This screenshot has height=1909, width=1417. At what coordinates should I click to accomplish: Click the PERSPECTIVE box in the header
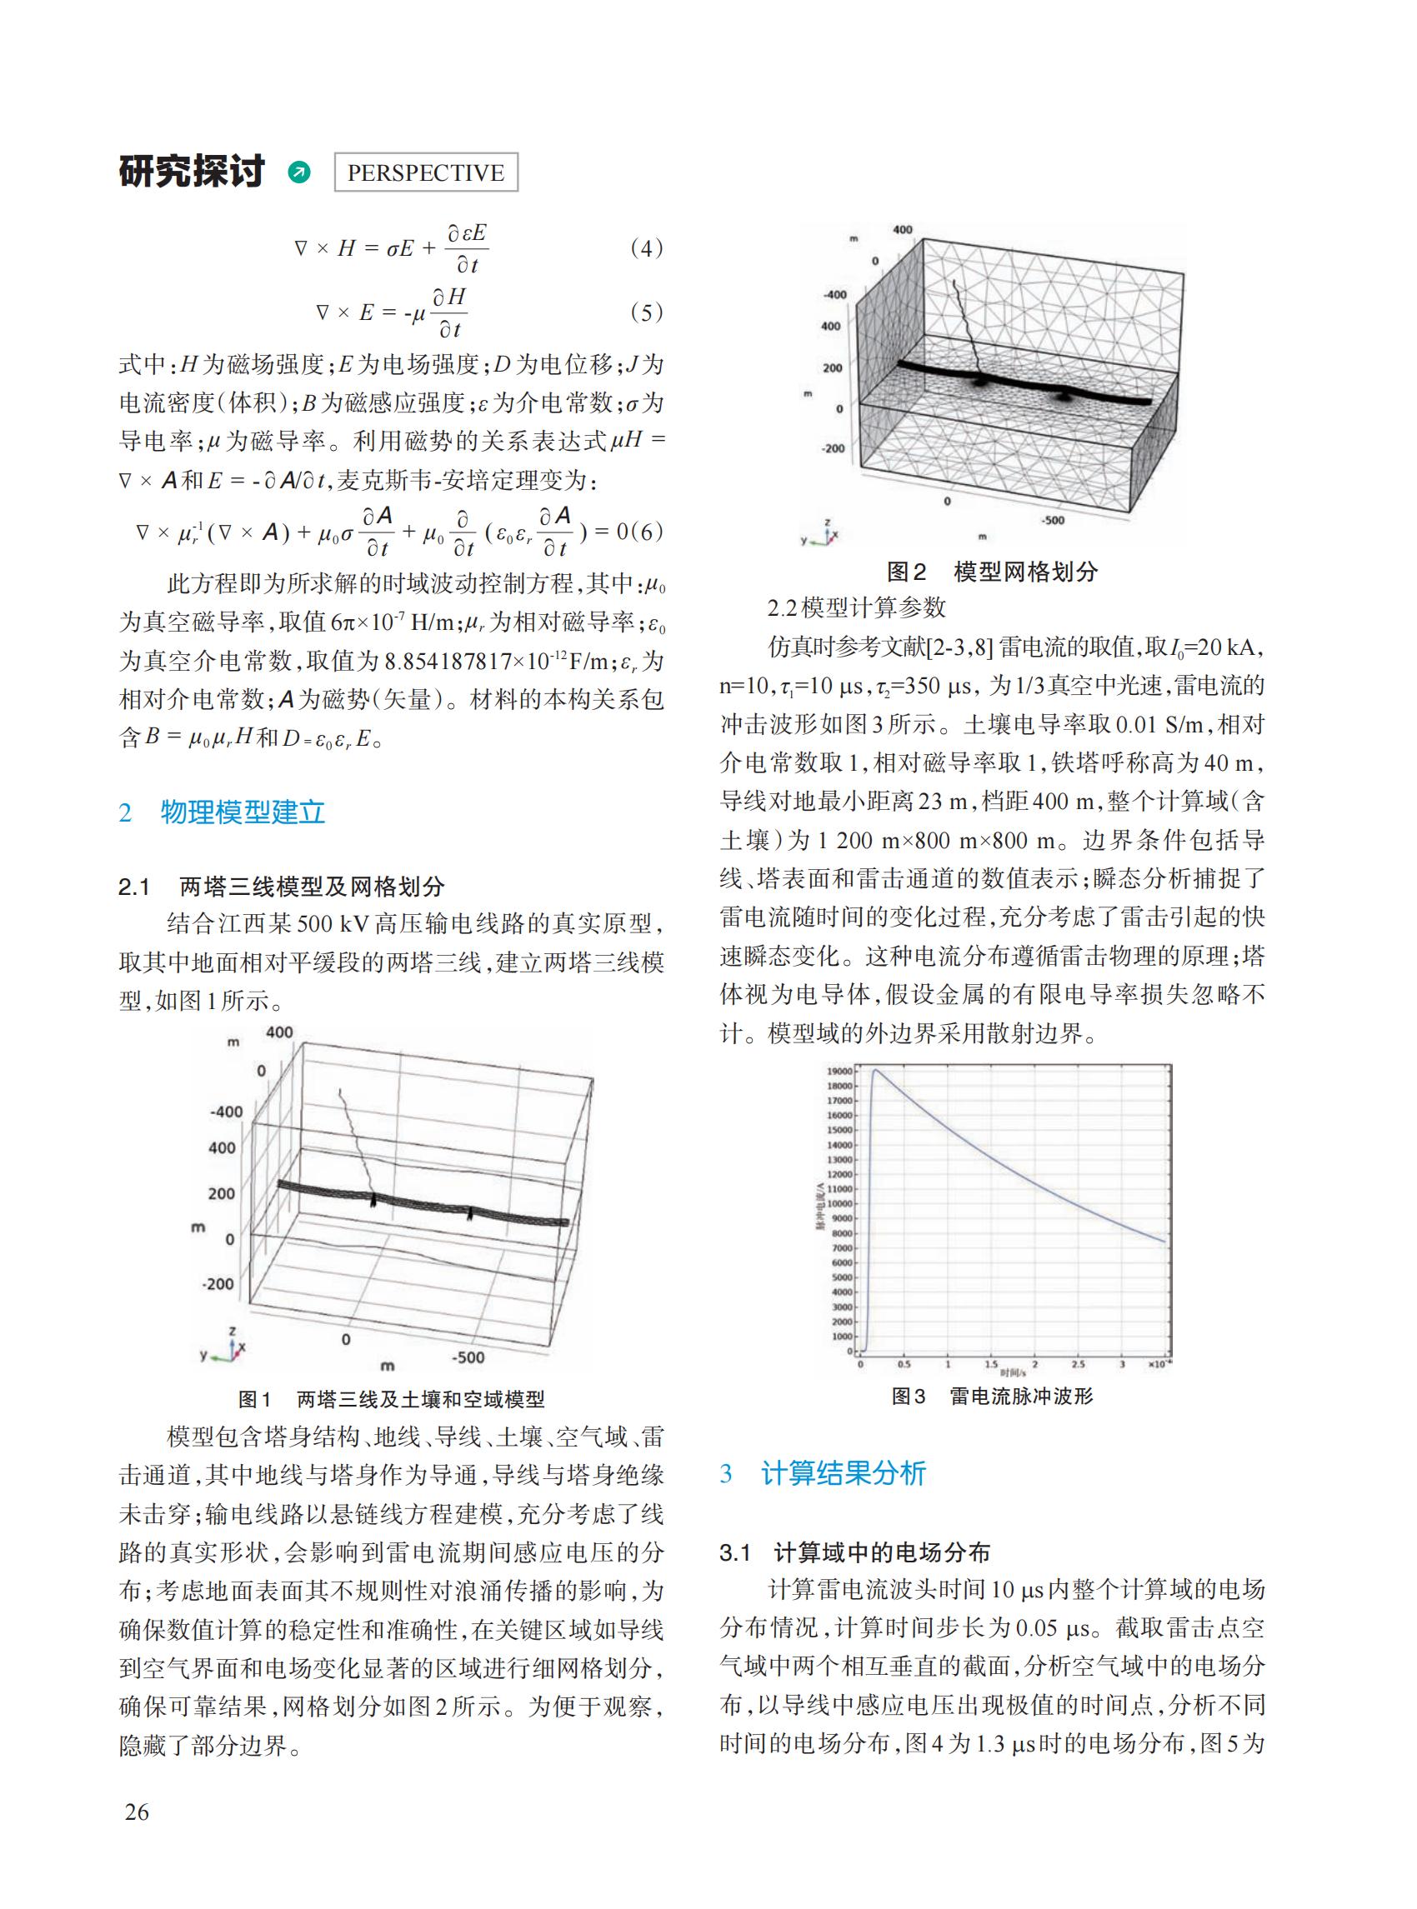pos(425,172)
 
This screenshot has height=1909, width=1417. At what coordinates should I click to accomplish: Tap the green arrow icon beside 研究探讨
pos(299,172)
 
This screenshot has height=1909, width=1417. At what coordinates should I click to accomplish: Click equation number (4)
pos(646,248)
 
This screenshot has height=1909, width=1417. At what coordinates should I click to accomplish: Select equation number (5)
pos(646,313)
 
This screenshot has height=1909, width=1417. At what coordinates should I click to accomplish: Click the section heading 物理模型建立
pos(243,812)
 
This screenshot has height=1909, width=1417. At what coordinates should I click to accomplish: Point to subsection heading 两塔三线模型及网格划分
pos(312,886)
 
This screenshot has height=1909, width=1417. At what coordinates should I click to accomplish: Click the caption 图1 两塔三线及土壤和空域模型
pos(391,1400)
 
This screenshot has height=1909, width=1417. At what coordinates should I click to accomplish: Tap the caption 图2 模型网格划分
pos(993,572)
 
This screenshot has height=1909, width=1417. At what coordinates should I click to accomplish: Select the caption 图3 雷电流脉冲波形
pos(993,1397)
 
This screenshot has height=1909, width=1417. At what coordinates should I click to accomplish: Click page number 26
pos(137,1812)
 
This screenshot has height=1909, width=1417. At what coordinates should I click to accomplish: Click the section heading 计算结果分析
pos(844,1473)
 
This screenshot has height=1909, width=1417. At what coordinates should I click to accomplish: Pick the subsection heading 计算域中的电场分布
pos(881,1552)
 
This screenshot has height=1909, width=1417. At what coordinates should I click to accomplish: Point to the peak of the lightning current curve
pos(875,1070)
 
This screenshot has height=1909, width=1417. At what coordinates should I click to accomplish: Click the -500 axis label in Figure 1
pos(468,1357)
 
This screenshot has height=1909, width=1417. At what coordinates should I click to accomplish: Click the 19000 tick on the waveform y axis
pos(839,1071)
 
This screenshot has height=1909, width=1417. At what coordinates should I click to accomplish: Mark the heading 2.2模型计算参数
pos(856,608)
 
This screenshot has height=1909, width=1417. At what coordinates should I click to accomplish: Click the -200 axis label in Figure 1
pos(217,1284)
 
